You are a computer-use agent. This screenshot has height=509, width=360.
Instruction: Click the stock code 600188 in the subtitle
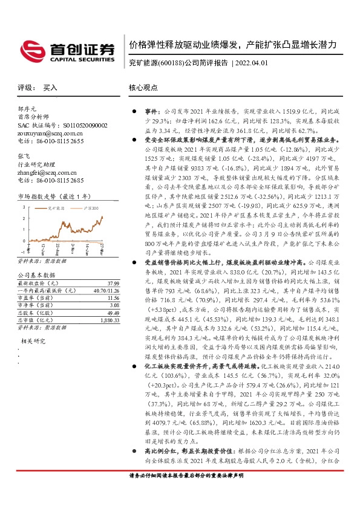(x=171, y=63)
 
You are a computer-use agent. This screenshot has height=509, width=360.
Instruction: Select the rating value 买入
(x=50, y=88)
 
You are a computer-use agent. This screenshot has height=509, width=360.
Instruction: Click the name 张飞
(x=24, y=156)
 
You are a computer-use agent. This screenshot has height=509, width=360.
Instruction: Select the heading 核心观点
(x=142, y=88)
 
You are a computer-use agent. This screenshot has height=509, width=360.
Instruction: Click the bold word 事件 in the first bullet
(x=151, y=112)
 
